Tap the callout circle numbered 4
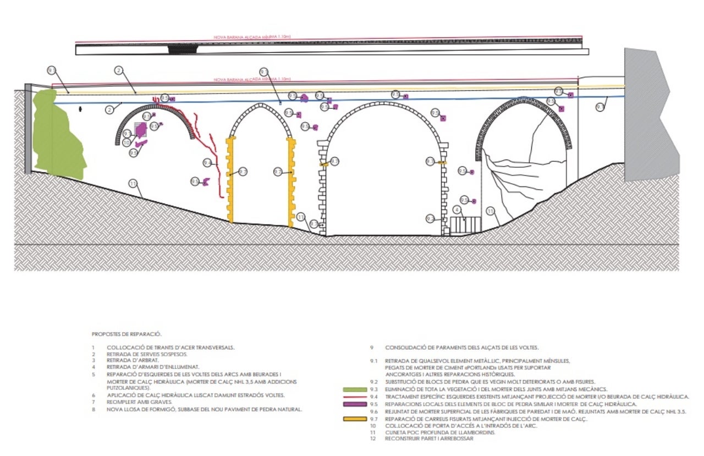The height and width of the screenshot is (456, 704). (x=457, y=210)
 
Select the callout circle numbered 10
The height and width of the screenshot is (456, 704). (x=126, y=142)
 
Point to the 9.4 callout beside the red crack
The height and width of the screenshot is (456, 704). (x=207, y=163)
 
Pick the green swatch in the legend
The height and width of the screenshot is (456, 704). (x=355, y=389)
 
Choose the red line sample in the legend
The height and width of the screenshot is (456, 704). (x=355, y=396)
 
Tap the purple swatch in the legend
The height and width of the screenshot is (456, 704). (x=355, y=404)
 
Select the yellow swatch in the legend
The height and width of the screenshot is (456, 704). (x=355, y=419)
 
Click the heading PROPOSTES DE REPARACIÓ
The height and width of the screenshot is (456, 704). (x=127, y=334)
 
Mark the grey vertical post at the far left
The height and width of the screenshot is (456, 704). (x=28, y=129)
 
